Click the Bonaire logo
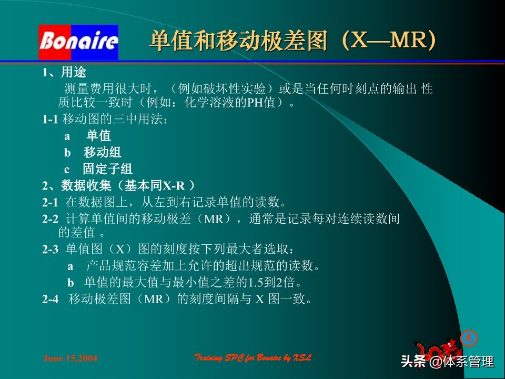click(78, 42)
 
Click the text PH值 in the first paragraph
click(261, 102)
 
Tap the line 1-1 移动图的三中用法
click(105, 119)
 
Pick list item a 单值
click(88, 136)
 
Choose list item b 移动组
click(93, 153)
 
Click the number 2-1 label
click(50, 202)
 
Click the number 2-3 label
click(50, 250)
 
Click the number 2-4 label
click(50, 300)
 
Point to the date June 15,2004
click(70, 358)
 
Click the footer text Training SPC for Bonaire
click(253, 358)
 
